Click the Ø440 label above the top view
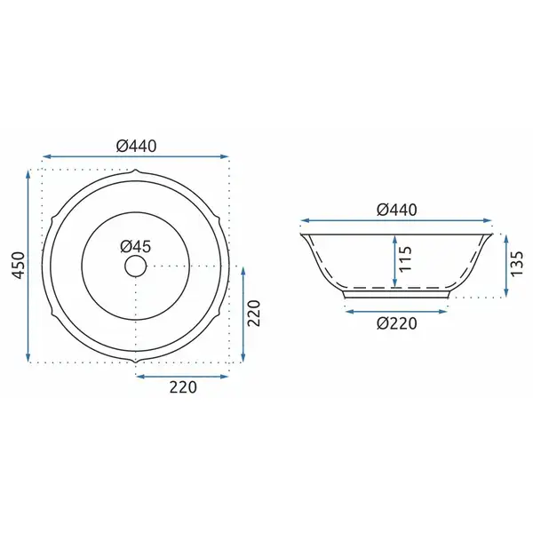point(136,146)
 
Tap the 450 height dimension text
point(19,266)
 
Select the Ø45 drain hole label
point(135,246)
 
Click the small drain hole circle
point(136,266)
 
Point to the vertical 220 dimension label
point(253,314)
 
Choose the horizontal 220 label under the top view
point(183,387)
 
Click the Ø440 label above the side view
point(397,210)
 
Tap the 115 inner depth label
point(406,259)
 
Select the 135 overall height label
point(517,264)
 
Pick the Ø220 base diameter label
point(397,323)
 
